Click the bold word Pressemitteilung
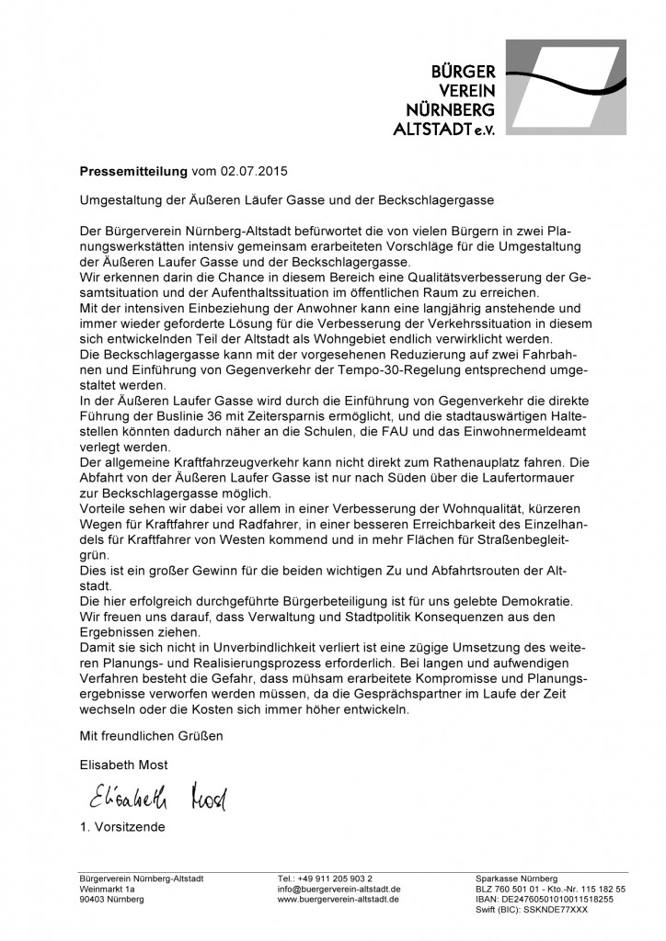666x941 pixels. click(132, 171)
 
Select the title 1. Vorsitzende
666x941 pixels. click(121, 827)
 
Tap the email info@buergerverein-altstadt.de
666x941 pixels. click(338, 889)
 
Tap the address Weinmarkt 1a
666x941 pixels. click(108, 889)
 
